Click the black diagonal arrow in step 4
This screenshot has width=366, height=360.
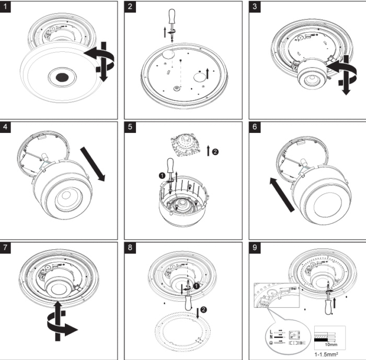94,164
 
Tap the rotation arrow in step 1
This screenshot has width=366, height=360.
102,60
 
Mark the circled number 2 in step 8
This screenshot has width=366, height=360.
203,309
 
